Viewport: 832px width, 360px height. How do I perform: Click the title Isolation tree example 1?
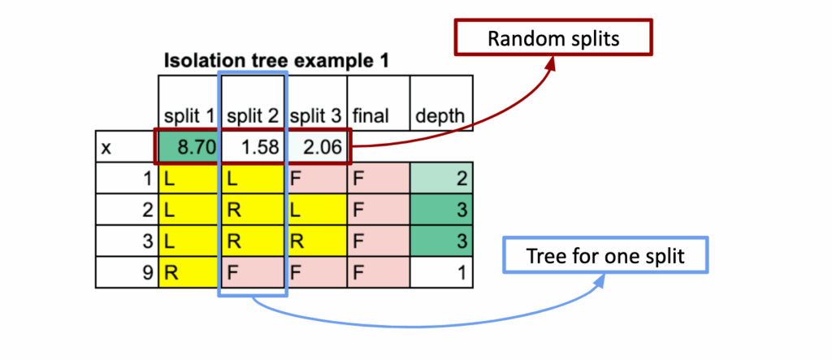click(275, 60)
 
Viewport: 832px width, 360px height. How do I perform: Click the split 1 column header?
click(188, 117)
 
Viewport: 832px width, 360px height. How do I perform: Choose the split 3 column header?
click(317, 117)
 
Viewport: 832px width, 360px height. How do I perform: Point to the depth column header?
click(440, 117)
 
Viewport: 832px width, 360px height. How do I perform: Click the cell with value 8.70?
click(188, 148)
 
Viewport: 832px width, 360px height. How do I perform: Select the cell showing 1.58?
click(253, 148)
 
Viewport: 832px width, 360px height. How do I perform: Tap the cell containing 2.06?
click(317, 148)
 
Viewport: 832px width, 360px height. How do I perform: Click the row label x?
click(106, 148)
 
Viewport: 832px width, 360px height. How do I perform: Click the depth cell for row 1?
click(441, 178)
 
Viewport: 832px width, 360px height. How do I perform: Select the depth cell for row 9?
click(441, 272)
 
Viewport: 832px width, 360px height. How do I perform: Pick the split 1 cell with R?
click(188, 272)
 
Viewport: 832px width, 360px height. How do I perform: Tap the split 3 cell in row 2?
click(317, 210)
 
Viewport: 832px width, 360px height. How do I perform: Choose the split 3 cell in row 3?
click(317, 241)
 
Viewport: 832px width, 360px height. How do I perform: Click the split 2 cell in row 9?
click(253, 272)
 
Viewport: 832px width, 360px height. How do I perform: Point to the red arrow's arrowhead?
click(552, 61)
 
